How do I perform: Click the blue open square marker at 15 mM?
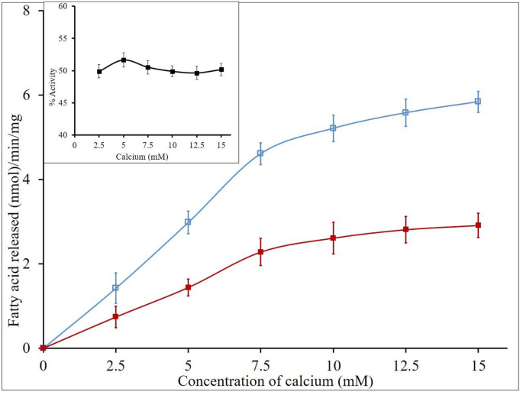pos(478,102)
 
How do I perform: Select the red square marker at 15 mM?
pos(478,225)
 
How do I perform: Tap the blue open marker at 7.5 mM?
pos(260,153)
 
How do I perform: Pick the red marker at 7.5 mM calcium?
pos(260,251)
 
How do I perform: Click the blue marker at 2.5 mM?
pos(115,288)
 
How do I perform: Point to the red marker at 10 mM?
pos(333,238)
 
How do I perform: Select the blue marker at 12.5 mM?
pos(405,112)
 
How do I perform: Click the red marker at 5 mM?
pos(188,287)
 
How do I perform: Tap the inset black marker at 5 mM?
pos(124,60)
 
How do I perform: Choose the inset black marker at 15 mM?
pos(221,70)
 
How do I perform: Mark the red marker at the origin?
pos(43,348)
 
